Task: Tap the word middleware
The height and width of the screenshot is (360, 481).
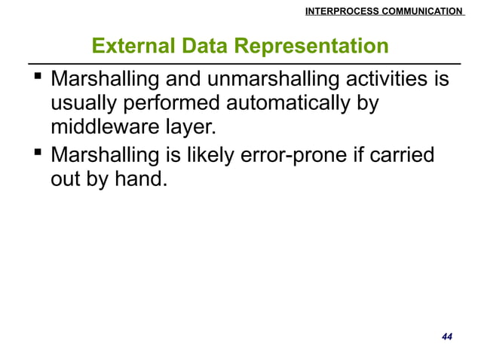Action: click(106, 125)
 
